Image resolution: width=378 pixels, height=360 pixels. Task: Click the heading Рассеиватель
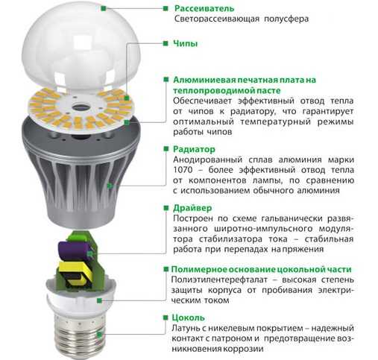(x=204, y=8)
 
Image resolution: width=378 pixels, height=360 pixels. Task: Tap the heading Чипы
(x=186, y=43)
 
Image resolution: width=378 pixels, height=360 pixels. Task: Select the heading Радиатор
(x=194, y=149)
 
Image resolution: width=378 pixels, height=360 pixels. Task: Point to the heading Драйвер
(x=192, y=208)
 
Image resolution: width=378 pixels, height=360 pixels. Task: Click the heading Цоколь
(x=188, y=318)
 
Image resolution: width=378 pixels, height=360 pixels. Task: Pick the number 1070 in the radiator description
(x=183, y=170)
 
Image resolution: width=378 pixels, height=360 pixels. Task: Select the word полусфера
(x=286, y=19)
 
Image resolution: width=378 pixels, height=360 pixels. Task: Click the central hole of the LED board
(x=80, y=107)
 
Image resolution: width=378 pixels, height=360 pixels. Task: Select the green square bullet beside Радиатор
(x=166, y=149)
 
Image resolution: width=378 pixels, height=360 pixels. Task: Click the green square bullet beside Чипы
(x=166, y=43)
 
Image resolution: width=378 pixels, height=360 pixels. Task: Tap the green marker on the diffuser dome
(x=104, y=8)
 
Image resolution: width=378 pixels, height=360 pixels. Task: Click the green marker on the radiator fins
(x=109, y=186)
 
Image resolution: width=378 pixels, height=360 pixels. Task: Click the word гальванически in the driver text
(x=292, y=218)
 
